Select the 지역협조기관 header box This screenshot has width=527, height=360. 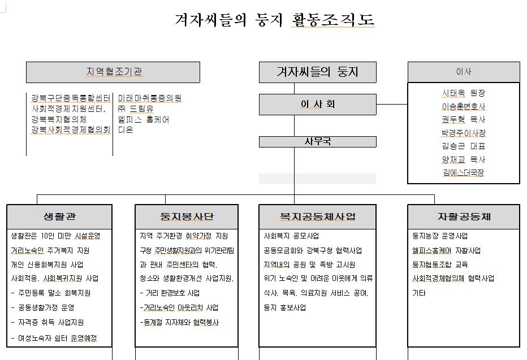pyautogui.click(x=113, y=72)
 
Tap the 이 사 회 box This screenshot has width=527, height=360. pyautogui.click(x=317, y=105)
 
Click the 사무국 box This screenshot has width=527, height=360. pyautogui.click(x=317, y=142)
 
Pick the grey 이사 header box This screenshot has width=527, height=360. pyautogui.click(x=463, y=72)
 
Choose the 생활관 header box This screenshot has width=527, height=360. pyautogui.click(x=59, y=217)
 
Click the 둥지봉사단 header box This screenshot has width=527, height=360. pyautogui.click(x=187, y=217)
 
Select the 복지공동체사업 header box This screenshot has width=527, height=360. pyautogui.click(x=317, y=217)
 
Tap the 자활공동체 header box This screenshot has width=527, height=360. pyautogui.click(x=464, y=217)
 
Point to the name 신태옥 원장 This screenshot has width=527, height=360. pyautogui.click(x=463, y=93)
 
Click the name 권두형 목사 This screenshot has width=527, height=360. pyautogui.click(x=463, y=119)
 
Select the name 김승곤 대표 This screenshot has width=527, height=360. pyautogui.click(x=463, y=146)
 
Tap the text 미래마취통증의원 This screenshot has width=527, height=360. pyautogui.click(x=150, y=98)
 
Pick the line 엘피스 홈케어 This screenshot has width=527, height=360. pyautogui.click(x=144, y=119)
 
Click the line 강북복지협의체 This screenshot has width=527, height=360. pyautogui.click(x=59, y=119)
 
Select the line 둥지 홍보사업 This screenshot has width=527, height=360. pyautogui.click(x=285, y=308)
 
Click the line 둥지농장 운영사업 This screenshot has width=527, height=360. pyautogui.click(x=440, y=236)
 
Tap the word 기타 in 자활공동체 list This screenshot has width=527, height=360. pyautogui.click(x=419, y=293)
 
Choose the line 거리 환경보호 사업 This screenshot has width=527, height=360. pyautogui.click(x=170, y=293)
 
